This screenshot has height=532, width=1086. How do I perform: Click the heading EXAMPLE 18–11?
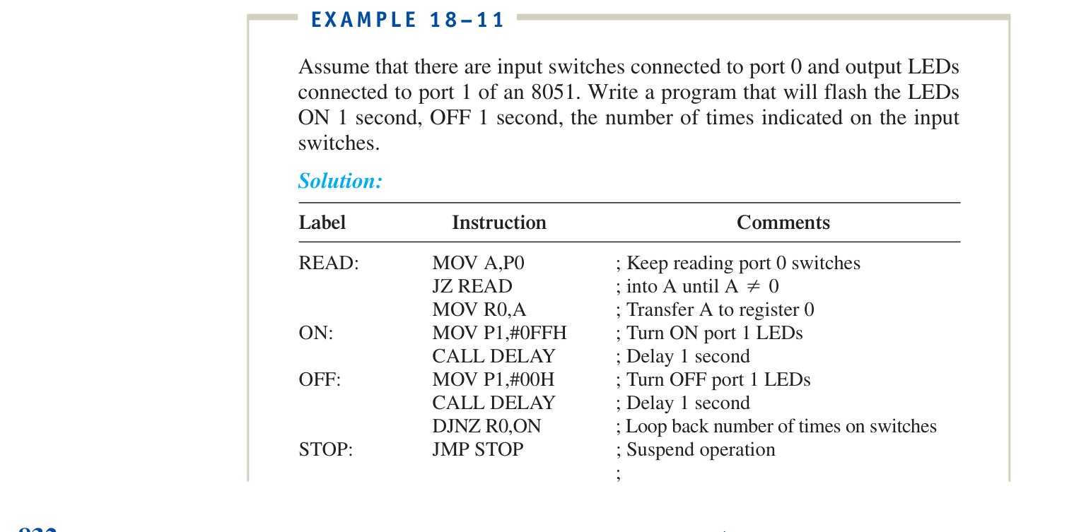pyautogui.click(x=407, y=20)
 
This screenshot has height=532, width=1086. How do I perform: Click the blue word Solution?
pyautogui.click(x=340, y=181)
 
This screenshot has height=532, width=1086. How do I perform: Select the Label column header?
pyautogui.click(x=322, y=223)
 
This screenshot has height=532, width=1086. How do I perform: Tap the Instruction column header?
pyautogui.click(x=499, y=223)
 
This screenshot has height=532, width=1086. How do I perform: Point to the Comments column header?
pyautogui.click(x=783, y=223)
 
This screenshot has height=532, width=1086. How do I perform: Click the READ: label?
pyautogui.click(x=329, y=263)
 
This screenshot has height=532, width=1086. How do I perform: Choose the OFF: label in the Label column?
pyautogui.click(x=320, y=379)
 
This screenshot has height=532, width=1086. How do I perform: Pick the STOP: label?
pyautogui.click(x=326, y=449)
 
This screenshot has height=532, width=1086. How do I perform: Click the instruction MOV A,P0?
pyautogui.click(x=478, y=263)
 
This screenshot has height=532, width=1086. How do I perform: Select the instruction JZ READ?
pyautogui.click(x=472, y=286)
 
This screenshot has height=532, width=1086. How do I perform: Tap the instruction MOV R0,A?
pyautogui.click(x=479, y=309)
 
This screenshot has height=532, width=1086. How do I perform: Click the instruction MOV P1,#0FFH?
pyautogui.click(x=499, y=333)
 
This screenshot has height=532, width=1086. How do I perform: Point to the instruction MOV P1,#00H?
pyautogui.click(x=493, y=379)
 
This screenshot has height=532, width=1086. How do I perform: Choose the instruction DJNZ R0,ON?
pyautogui.click(x=486, y=426)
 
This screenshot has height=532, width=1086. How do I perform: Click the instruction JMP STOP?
pyautogui.click(x=477, y=449)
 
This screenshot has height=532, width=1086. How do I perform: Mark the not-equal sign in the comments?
pyautogui.click(x=753, y=286)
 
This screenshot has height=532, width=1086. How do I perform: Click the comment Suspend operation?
pyautogui.click(x=701, y=449)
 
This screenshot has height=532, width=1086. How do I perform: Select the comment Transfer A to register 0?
pyautogui.click(x=720, y=309)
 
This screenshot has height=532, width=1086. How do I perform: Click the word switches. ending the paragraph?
pyautogui.click(x=339, y=143)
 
